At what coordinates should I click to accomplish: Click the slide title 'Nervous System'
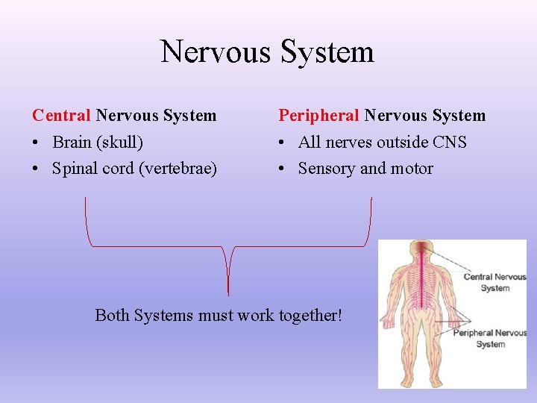(267, 52)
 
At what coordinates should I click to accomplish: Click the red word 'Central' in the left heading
(61, 116)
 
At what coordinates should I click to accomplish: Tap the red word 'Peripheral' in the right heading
(318, 116)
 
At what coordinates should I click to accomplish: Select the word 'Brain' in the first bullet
(72, 142)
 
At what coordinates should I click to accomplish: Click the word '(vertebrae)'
(178, 169)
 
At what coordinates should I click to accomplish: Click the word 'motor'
(409, 169)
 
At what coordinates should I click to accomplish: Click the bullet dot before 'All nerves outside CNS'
(283, 143)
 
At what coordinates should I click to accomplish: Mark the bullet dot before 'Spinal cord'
(37, 169)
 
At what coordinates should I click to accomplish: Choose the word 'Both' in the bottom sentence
(113, 316)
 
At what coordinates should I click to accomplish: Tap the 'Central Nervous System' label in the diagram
(494, 282)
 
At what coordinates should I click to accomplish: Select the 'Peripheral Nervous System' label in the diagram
(490, 338)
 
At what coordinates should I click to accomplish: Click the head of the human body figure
(423, 251)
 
